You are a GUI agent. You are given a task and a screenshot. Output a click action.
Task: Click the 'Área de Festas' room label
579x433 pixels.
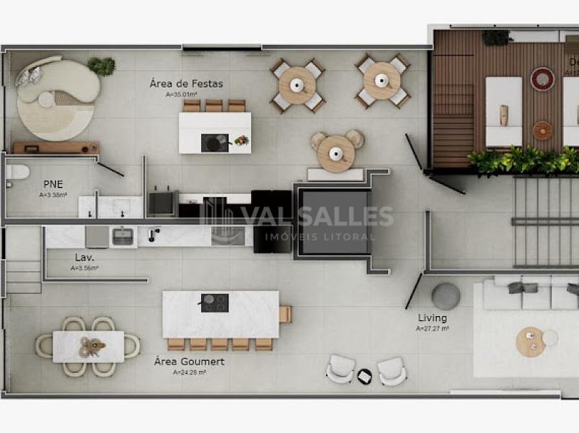point(186,84)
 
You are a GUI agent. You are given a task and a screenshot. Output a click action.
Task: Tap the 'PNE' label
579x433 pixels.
point(52,183)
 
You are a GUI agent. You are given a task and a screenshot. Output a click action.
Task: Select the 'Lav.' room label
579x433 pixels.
point(84,257)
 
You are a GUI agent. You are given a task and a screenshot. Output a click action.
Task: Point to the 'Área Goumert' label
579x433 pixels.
point(189,362)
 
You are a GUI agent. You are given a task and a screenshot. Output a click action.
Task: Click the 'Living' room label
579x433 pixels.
point(432,318)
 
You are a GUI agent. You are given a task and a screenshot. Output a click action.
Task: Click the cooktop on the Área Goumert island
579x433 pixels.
point(214,302)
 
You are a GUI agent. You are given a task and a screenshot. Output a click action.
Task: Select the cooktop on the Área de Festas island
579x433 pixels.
point(214,143)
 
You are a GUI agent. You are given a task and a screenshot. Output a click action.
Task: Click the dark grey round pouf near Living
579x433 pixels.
point(446,296)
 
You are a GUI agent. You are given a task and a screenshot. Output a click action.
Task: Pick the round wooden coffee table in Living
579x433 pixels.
point(530,341)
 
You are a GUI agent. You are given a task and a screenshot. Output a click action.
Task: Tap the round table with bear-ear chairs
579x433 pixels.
point(336,152)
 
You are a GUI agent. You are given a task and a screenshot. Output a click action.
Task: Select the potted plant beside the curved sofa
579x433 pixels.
point(102,66)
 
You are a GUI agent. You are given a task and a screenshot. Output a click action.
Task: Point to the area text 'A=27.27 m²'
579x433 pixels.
point(432,328)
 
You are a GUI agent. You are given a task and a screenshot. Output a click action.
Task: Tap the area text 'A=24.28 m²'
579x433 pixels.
point(189,372)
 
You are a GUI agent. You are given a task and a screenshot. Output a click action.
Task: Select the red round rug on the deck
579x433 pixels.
point(542,78)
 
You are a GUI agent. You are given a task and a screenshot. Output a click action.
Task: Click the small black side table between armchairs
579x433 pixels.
point(365,376)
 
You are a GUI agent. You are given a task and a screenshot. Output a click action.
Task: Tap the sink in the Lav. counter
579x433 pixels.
point(123,236)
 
